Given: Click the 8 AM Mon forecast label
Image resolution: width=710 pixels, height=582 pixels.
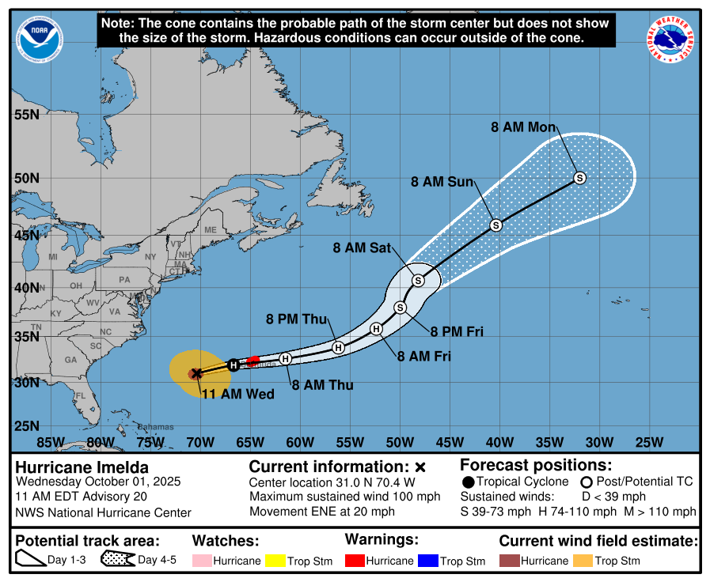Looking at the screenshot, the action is pyautogui.click(x=523, y=127).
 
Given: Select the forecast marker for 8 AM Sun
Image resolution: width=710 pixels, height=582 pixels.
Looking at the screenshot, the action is pyautogui.click(x=496, y=225).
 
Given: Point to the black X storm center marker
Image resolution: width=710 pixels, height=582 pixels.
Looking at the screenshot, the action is pyautogui.click(x=196, y=373).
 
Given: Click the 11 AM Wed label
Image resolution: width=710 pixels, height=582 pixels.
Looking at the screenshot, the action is pyautogui.click(x=237, y=394).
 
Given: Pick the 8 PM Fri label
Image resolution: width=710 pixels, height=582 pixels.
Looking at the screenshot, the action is pyautogui.click(x=457, y=331).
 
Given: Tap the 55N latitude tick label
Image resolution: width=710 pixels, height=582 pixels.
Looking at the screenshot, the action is pyautogui.click(x=26, y=115).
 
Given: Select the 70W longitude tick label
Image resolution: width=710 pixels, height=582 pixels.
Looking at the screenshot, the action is pyautogui.click(x=200, y=441).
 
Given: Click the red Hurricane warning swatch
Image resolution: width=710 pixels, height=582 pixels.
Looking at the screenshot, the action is pyautogui.click(x=358, y=561).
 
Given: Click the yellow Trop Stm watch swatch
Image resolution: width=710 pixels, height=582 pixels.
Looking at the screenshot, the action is pyautogui.click(x=275, y=561).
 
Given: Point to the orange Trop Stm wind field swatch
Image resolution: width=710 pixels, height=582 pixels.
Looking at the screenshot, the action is pyautogui.click(x=583, y=561).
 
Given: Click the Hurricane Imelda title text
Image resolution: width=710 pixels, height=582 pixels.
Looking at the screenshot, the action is pyautogui.click(x=82, y=467).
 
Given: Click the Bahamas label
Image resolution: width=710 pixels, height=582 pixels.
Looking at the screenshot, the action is pyautogui.click(x=155, y=427).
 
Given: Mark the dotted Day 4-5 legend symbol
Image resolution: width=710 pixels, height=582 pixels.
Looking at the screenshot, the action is pyautogui.click(x=117, y=560).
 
